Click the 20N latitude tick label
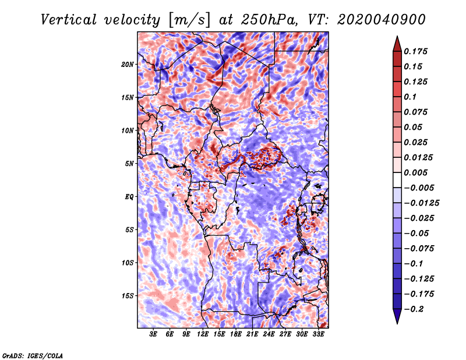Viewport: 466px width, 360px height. click(x=128, y=64)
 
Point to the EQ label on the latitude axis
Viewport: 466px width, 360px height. click(x=129, y=196)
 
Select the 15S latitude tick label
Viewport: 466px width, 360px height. click(x=128, y=295)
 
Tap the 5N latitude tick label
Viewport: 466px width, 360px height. click(x=129, y=163)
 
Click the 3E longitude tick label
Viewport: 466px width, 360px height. click(x=153, y=335)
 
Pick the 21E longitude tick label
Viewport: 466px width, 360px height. click(x=252, y=335)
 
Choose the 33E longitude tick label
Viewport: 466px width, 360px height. click(x=319, y=335)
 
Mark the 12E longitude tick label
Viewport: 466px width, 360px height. click(x=203, y=335)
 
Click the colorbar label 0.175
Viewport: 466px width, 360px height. click(x=416, y=51)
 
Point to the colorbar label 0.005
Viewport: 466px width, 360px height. click(x=416, y=172)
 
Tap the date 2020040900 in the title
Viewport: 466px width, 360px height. click(x=373, y=19)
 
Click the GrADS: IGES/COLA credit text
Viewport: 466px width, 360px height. click(x=32, y=355)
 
